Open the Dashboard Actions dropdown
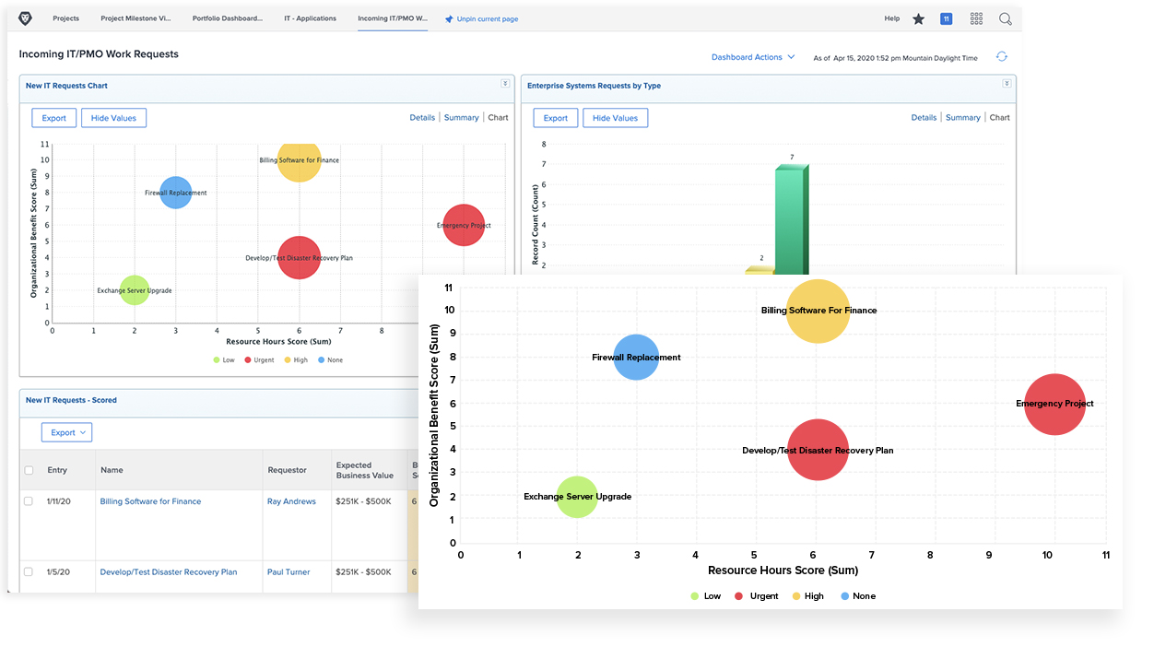(x=752, y=57)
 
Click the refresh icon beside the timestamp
(x=1001, y=57)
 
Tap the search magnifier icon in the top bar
(x=1005, y=18)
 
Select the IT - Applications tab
(x=310, y=18)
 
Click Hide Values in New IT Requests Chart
(x=114, y=118)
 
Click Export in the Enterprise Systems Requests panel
(x=555, y=118)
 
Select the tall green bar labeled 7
(x=790, y=221)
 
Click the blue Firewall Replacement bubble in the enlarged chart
(x=636, y=358)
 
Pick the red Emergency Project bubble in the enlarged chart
(x=1054, y=404)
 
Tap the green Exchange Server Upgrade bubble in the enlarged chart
(x=577, y=497)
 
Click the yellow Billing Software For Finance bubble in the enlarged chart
(x=818, y=312)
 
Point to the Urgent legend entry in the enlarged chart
(x=757, y=596)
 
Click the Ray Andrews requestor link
(x=291, y=501)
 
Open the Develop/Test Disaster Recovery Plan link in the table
(x=169, y=572)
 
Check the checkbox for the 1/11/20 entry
(x=29, y=501)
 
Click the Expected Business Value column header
(x=364, y=470)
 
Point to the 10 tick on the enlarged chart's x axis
(x=1047, y=556)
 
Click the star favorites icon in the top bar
(x=918, y=18)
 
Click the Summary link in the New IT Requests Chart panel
(x=461, y=118)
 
